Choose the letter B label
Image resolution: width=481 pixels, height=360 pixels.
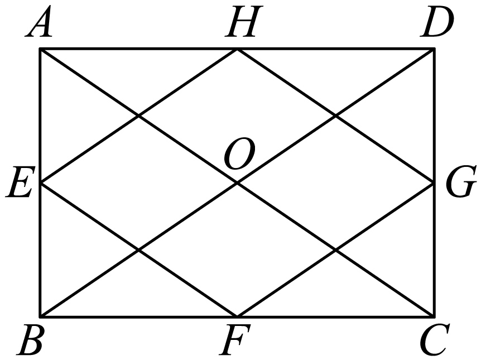[31, 340]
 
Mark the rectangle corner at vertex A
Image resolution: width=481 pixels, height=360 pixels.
[40, 49]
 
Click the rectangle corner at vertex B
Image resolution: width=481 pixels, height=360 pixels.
[40, 316]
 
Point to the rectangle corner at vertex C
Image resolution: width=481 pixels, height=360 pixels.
[434, 316]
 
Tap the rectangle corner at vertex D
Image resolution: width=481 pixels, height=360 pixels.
[434, 49]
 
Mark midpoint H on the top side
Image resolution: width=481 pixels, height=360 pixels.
[237, 49]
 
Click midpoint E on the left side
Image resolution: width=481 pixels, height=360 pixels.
[40, 183]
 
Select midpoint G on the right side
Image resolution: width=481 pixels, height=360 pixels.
[434, 183]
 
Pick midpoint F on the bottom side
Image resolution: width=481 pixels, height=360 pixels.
[237, 316]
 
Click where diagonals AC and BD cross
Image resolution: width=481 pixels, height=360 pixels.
[237, 183]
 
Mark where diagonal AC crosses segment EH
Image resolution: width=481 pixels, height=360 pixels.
[138, 116]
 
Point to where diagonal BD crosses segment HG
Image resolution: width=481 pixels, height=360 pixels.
[335, 116]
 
